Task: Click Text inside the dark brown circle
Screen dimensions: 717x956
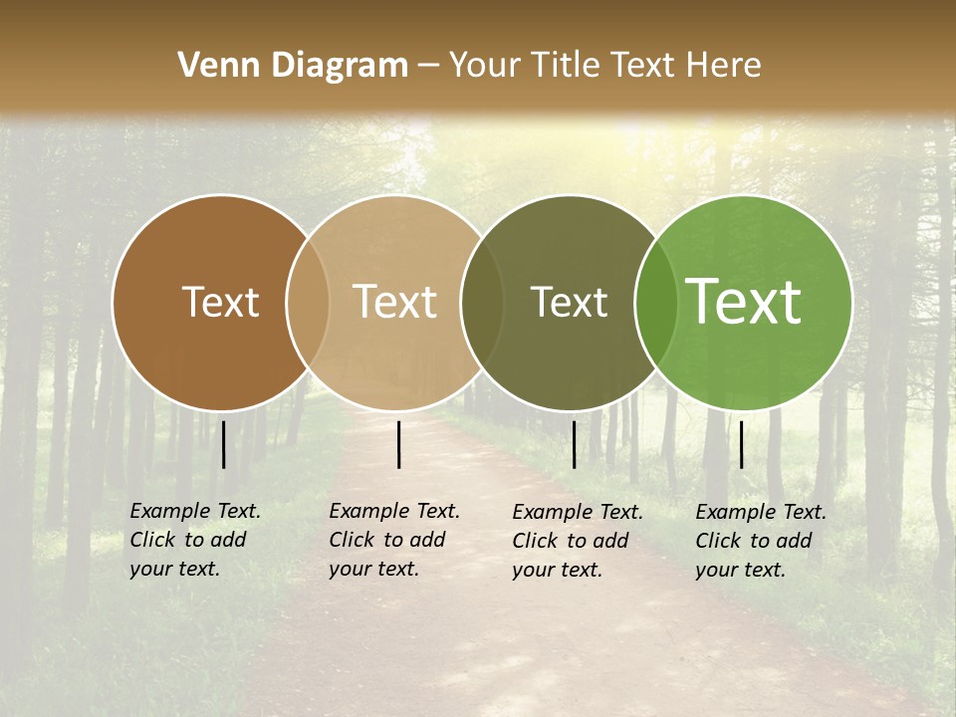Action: click(220, 302)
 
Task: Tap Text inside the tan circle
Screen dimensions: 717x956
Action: click(394, 302)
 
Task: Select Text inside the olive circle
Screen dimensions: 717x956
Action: click(569, 302)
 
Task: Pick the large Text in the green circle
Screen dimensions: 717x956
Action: click(744, 302)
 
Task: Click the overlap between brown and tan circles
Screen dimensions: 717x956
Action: click(308, 303)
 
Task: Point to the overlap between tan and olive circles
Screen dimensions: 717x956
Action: click(482, 303)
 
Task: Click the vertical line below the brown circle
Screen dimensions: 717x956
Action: click(224, 444)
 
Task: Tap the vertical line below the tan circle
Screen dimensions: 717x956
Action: click(398, 444)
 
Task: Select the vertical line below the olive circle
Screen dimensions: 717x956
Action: click(574, 444)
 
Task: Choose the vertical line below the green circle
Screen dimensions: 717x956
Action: click(741, 444)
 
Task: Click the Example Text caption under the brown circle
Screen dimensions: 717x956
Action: click(195, 540)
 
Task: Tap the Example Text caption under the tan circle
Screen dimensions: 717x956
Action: click(394, 540)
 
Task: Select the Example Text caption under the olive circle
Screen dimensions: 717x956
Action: click(578, 541)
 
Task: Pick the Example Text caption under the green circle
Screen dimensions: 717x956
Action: click(761, 541)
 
